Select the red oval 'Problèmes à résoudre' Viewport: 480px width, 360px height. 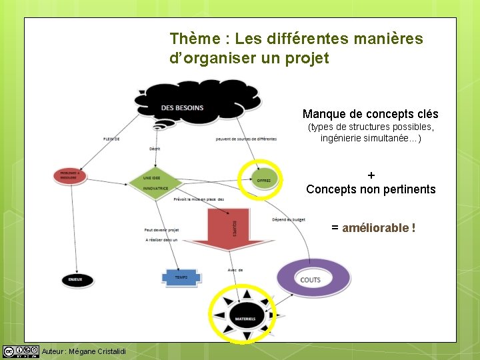pyautogui.click(x=70, y=176)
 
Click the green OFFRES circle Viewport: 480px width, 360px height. pyautogui.click(x=263, y=179)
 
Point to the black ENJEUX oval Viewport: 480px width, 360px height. pyautogui.click(x=75, y=279)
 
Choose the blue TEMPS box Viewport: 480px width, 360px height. pyautogui.click(x=181, y=277)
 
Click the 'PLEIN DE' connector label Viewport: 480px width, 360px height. pyautogui.click(x=112, y=139)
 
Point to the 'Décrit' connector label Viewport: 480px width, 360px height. pyautogui.click(x=155, y=149)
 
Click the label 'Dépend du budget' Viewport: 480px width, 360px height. pyautogui.click(x=289, y=219)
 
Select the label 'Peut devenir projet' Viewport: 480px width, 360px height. pyautogui.click(x=162, y=230)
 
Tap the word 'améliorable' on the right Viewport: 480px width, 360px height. pyautogui.click(x=376, y=228)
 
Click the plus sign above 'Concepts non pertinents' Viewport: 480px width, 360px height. pyautogui.click(x=371, y=175)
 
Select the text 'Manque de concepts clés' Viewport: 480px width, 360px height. pyautogui.click(x=370, y=114)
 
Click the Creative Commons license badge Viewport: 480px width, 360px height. pyautogui.click(x=20, y=351)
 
